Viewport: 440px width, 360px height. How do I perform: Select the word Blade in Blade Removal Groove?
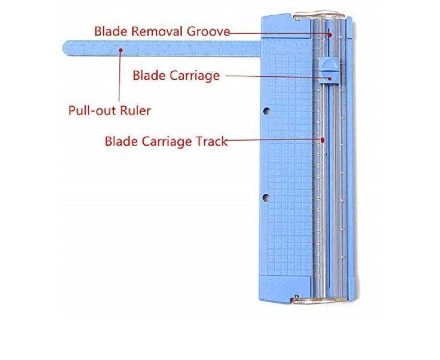[109, 32]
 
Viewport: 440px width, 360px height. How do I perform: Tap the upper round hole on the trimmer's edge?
[266, 110]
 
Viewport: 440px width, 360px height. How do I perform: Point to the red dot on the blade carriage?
[330, 78]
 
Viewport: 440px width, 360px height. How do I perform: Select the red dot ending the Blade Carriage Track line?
[323, 139]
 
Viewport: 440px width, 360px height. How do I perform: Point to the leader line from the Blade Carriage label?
[276, 77]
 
